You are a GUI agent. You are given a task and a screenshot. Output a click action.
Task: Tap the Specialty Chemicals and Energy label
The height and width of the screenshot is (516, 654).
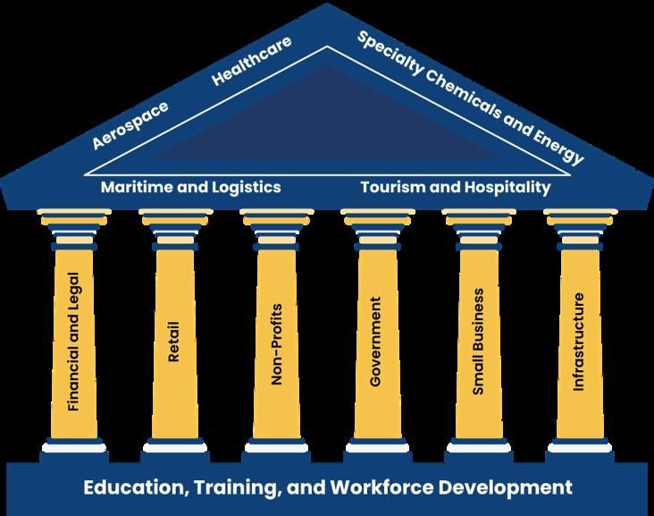click(x=470, y=97)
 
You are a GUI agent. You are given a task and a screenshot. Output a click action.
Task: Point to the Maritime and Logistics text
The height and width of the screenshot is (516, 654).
click(x=191, y=188)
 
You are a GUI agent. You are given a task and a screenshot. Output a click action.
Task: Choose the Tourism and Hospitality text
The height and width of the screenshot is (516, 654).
click(x=455, y=188)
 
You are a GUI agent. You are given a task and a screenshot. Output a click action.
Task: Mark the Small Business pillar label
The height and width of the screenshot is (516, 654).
click(x=478, y=343)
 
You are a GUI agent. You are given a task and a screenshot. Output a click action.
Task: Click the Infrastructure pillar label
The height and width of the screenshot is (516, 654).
click(x=578, y=343)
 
